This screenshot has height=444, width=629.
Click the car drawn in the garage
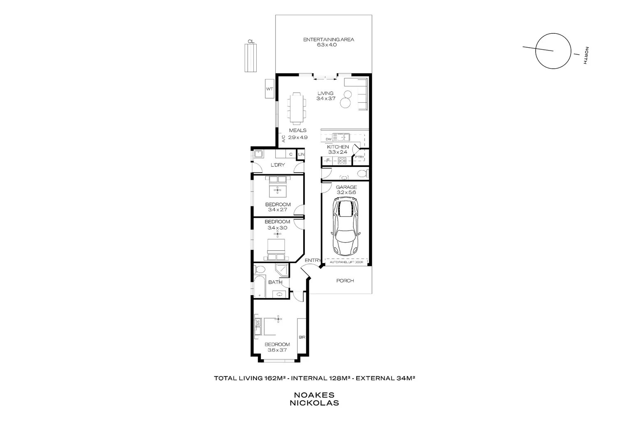(346, 225)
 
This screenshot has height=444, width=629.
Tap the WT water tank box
(269, 89)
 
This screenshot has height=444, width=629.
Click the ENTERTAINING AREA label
(328, 39)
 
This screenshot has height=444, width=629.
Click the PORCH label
(345, 281)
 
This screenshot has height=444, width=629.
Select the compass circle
(553, 51)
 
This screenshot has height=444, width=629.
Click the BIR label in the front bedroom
(302, 337)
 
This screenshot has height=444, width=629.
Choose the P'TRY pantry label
(359, 157)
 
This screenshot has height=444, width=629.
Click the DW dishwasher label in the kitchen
(328, 139)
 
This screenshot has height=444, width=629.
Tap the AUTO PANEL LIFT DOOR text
(346, 261)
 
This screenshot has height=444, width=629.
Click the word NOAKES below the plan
(314, 395)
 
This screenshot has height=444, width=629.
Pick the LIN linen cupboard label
(302, 155)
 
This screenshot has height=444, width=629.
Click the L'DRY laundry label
(278, 165)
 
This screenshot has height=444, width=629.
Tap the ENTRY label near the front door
(313, 260)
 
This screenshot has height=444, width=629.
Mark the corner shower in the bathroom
(282, 271)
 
